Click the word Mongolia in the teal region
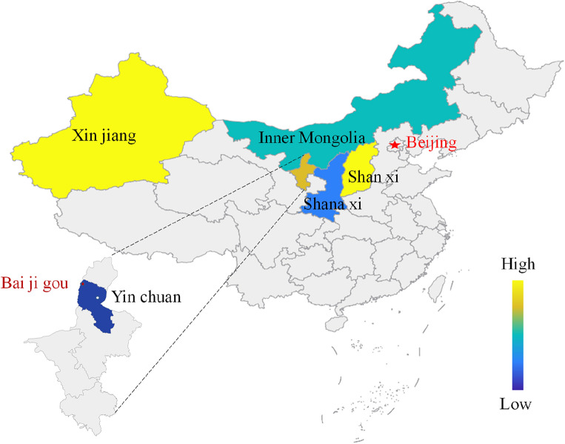[336, 138]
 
